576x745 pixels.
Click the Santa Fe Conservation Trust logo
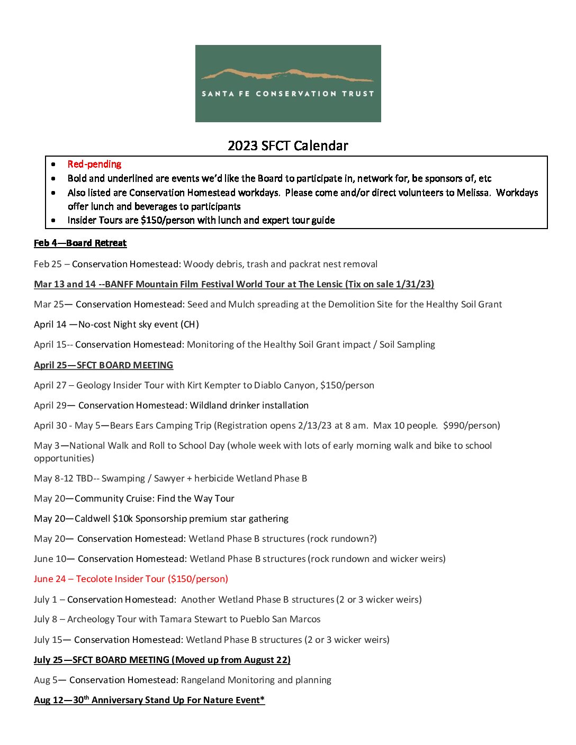288,84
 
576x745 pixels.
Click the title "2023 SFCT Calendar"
288,146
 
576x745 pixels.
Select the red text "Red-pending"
94,165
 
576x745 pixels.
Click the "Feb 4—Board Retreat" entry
80,243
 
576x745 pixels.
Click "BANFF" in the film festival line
119,284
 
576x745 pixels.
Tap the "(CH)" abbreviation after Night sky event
190,324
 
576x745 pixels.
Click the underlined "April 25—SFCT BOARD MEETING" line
103,365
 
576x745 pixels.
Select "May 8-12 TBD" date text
63,478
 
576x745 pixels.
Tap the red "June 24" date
50,579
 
